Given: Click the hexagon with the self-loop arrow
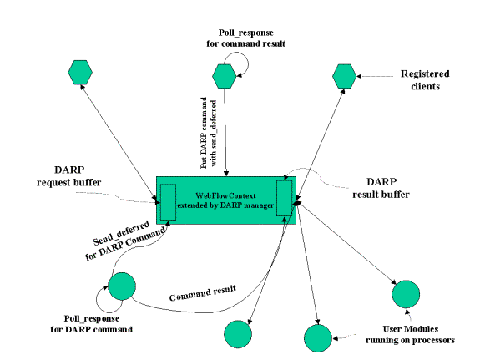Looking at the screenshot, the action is point(224,76).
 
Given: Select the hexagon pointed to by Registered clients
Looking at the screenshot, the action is point(345,76).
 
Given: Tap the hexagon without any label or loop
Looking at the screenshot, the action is point(80,73).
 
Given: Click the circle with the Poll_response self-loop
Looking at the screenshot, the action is point(122,286).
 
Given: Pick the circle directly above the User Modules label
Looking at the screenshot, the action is point(406,294).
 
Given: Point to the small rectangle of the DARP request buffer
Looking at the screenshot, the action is point(169,202).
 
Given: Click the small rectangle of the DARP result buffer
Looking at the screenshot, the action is point(285,198).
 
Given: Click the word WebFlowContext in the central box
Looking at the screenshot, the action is point(225,195).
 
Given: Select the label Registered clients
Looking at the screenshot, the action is point(425,80).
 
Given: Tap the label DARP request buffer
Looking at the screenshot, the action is point(69,176).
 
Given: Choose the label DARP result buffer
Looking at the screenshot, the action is point(381,188).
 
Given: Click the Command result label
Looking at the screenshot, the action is point(203,293).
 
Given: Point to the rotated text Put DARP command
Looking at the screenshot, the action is point(204,133).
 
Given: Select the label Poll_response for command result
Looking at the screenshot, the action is point(245,38).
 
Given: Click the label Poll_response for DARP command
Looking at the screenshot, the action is point(92,324).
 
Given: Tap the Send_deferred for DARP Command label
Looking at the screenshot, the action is point(124,240).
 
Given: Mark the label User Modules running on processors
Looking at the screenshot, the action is point(410,335).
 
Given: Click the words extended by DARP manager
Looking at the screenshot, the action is point(225,205).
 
